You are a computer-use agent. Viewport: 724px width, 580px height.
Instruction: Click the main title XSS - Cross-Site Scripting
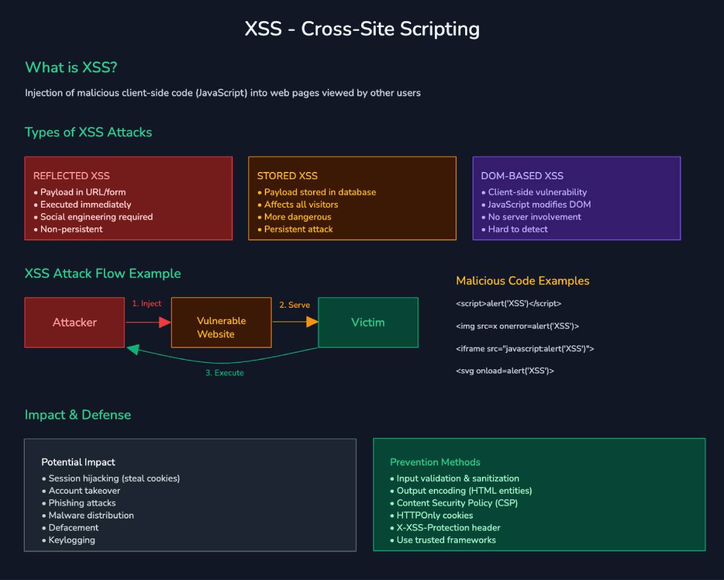click(x=362, y=29)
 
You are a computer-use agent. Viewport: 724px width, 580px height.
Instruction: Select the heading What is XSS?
click(x=71, y=67)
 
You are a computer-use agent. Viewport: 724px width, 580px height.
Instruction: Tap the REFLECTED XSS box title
click(x=71, y=176)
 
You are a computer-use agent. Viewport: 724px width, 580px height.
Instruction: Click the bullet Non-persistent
click(x=71, y=229)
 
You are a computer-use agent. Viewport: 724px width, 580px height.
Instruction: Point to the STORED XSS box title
click(x=287, y=176)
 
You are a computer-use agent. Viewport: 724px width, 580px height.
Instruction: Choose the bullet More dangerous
click(x=297, y=217)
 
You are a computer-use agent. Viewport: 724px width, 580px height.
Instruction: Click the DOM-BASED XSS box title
click(x=522, y=176)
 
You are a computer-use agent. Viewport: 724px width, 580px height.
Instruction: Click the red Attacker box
click(x=75, y=322)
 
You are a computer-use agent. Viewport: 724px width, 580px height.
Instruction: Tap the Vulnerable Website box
click(x=221, y=327)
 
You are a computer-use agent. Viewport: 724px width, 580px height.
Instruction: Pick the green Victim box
click(x=367, y=322)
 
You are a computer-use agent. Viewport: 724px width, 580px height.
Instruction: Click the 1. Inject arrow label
click(x=147, y=304)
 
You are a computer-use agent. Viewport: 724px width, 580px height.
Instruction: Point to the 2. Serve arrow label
click(x=294, y=305)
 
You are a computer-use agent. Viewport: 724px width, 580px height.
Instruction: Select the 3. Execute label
click(x=224, y=373)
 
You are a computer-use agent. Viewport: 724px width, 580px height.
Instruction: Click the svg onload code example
click(x=504, y=371)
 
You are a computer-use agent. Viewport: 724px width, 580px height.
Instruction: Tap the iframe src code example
click(x=525, y=348)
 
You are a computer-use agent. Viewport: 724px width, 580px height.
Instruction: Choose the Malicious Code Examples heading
click(x=522, y=281)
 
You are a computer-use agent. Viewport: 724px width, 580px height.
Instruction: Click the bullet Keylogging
click(x=71, y=540)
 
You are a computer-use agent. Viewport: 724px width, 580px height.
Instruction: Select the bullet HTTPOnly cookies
click(x=434, y=515)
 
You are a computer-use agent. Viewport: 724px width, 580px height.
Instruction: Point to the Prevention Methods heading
click(x=435, y=462)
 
